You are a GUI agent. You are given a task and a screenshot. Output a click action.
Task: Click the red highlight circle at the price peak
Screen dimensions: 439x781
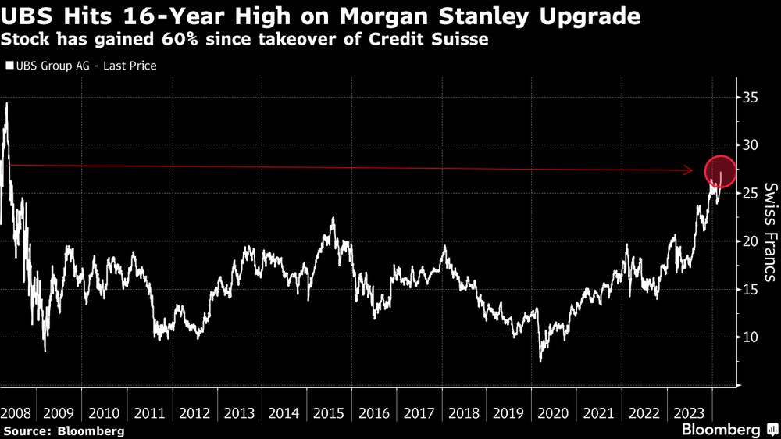(x=720, y=171)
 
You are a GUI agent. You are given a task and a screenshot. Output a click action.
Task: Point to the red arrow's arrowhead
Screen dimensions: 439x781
(x=690, y=170)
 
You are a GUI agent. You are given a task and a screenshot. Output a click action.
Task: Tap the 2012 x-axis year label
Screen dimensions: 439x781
(x=192, y=412)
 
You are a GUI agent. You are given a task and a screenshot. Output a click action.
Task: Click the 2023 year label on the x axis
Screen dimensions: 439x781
(x=684, y=412)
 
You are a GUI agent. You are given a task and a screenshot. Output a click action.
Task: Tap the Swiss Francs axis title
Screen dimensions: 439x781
(x=770, y=232)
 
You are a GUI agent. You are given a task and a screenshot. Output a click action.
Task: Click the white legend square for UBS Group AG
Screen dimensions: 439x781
(x=9, y=66)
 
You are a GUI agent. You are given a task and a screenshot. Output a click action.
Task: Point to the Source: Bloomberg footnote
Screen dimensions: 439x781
(x=62, y=431)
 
